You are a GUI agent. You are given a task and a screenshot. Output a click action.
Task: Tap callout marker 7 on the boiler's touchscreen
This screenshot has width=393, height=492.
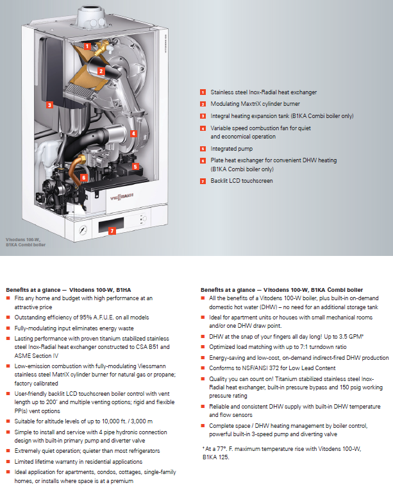[x=113, y=230]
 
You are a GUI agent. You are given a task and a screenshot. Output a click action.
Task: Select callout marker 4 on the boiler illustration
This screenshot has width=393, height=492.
[x=133, y=133]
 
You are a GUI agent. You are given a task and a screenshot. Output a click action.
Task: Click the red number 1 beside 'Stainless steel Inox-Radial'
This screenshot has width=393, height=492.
[x=203, y=92]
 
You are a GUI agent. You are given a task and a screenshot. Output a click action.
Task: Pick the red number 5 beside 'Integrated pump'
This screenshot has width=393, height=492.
[x=203, y=149]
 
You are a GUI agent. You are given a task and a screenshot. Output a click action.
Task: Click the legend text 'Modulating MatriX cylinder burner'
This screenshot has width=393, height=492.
[x=255, y=104]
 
